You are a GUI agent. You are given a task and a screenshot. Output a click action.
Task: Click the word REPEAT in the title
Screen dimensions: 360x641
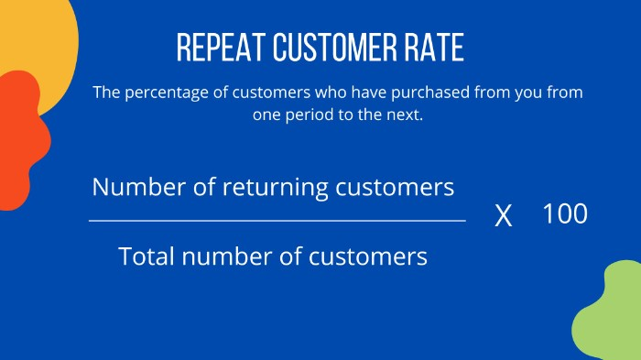tap(215, 48)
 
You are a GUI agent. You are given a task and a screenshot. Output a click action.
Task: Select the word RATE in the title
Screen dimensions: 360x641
tap(431, 48)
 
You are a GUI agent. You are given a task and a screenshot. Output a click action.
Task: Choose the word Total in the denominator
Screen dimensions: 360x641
tap(149, 256)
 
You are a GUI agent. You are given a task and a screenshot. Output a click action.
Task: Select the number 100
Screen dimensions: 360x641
tap(564, 214)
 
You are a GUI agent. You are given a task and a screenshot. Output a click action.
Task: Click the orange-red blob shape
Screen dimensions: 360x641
tap(20, 137)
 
